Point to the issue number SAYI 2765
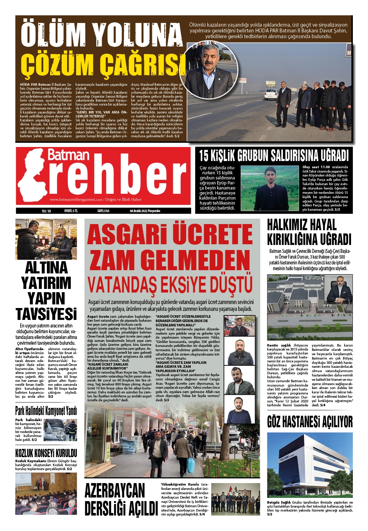click(x=103, y=211)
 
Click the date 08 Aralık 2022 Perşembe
click(x=145, y=211)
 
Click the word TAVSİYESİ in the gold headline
click(x=46, y=314)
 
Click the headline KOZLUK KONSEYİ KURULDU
click(x=46, y=453)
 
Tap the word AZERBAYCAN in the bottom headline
click(x=115, y=491)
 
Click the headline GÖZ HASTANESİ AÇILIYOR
click(x=310, y=421)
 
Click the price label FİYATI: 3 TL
click(x=71, y=211)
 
